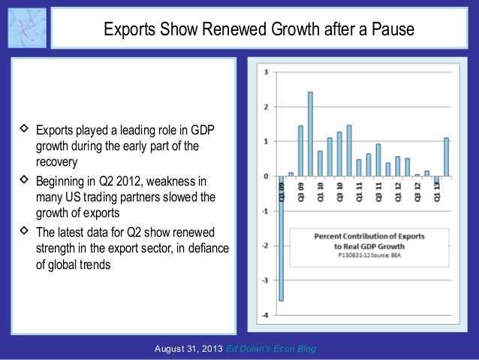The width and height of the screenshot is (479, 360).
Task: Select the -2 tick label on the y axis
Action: coord(264,246)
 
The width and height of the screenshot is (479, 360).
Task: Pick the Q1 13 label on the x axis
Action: coord(438,192)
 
